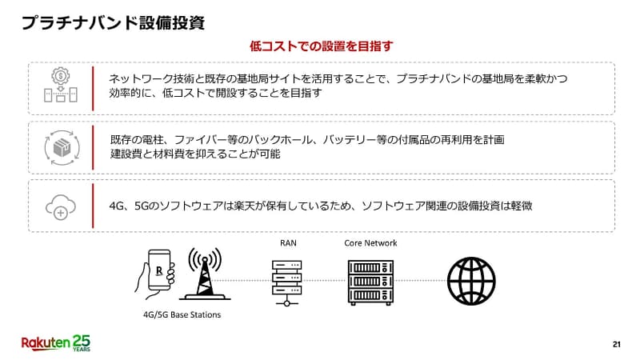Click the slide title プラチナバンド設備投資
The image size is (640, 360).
tap(113, 23)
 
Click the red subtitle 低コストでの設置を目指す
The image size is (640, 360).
tap(322, 46)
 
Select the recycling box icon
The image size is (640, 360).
tap(62, 148)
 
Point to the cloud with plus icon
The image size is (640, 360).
tap(61, 207)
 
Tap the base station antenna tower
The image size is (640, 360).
tap(205, 274)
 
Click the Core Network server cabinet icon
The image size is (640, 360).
tap(370, 282)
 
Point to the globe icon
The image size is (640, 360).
tap(471, 282)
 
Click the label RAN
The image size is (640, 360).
tap(288, 243)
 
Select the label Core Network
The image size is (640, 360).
tap(370, 243)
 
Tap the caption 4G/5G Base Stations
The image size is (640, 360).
tap(182, 314)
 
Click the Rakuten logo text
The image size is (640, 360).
tap(46, 343)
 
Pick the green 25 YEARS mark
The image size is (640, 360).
tap(82, 343)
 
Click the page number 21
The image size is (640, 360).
tap(617, 345)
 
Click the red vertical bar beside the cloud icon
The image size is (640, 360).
tap(93, 206)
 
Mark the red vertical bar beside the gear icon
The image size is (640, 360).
tap(93, 89)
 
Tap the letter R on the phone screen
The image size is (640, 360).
tap(159, 270)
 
